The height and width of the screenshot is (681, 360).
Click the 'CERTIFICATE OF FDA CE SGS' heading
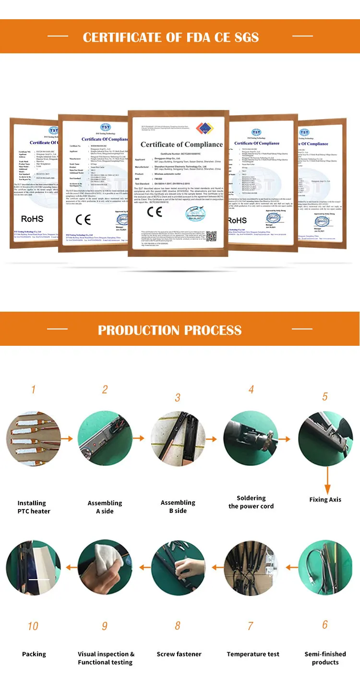click(x=170, y=37)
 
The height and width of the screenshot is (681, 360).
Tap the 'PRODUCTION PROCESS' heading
click(x=169, y=330)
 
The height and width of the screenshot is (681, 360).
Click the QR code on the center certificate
click(x=211, y=236)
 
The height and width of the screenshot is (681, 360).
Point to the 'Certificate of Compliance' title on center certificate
click(x=181, y=144)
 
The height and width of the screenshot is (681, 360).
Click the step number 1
click(x=33, y=389)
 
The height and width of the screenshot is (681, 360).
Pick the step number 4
click(x=251, y=390)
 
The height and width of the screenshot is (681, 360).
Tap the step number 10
click(x=33, y=626)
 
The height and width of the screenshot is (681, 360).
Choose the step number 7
click(x=250, y=626)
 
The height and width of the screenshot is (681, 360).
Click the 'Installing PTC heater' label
click(x=33, y=507)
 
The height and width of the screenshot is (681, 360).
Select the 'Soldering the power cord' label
click(x=251, y=502)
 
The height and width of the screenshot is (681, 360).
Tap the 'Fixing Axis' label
click(x=325, y=499)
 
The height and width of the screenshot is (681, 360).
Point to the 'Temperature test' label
click(x=253, y=654)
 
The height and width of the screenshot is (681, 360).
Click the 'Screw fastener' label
click(x=179, y=654)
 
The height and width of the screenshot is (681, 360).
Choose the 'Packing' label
click(x=34, y=654)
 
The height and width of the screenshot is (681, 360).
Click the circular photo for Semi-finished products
click(x=325, y=568)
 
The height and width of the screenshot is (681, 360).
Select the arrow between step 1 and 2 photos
click(x=69, y=438)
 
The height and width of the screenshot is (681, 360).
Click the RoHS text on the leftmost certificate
click(x=32, y=219)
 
